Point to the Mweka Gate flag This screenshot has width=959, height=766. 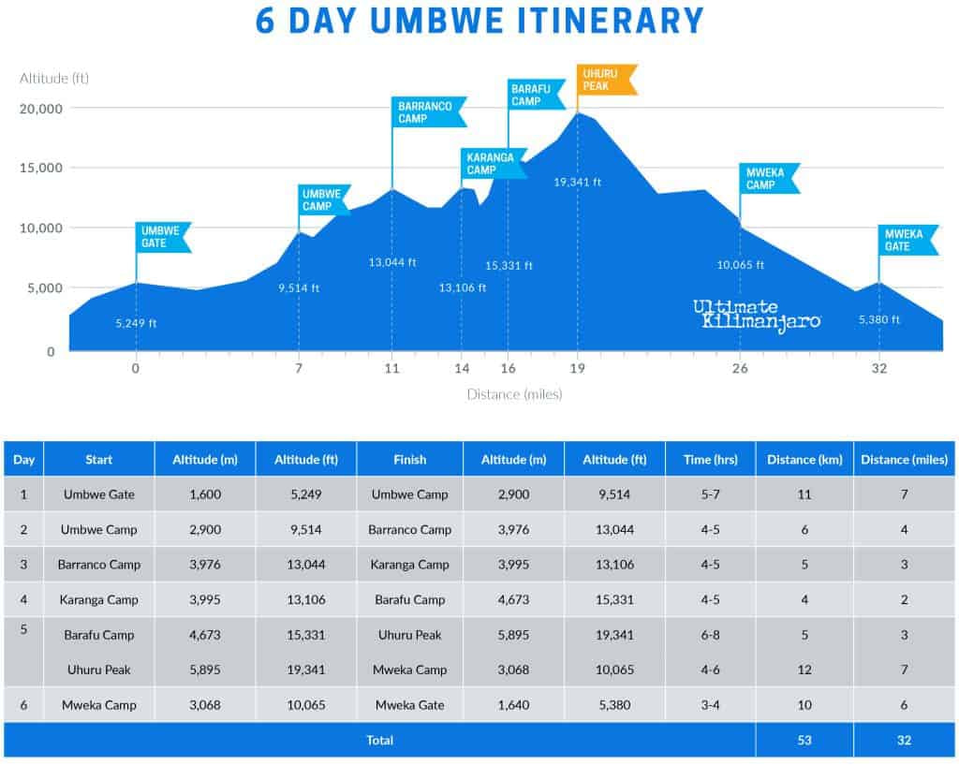pyautogui.click(x=907, y=240)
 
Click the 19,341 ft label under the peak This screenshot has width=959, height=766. pyautogui.click(x=578, y=182)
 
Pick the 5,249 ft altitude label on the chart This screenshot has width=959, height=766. pyautogui.click(x=137, y=323)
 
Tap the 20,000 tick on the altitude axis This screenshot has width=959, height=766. pyautogui.click(x=41, y=109)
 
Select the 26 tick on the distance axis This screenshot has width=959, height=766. pyautogui.click(x=740, y=368)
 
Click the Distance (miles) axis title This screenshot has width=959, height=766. pyautogui.click(x=514, y=394)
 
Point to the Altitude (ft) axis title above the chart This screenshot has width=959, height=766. pyautogui.click(x=54, y=78)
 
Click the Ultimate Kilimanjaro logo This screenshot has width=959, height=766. pyautogui.click(x=757, y=314)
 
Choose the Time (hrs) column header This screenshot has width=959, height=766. pyautogui.click(x=711, y=460)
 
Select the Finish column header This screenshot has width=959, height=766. pyautogui.click(x=409, y=460)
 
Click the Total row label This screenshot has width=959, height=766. pyautogui.click(x=379, y=740)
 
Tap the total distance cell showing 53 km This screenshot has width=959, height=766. pyautogui.click(x=804, y=740)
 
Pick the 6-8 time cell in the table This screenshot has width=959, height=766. pyautogui.click(x=711, y=635)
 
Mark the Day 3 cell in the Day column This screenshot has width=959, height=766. pyautogui.click(x=24, y=565)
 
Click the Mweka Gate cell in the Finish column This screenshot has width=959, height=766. pyautogui.click(x=409, y=705)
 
